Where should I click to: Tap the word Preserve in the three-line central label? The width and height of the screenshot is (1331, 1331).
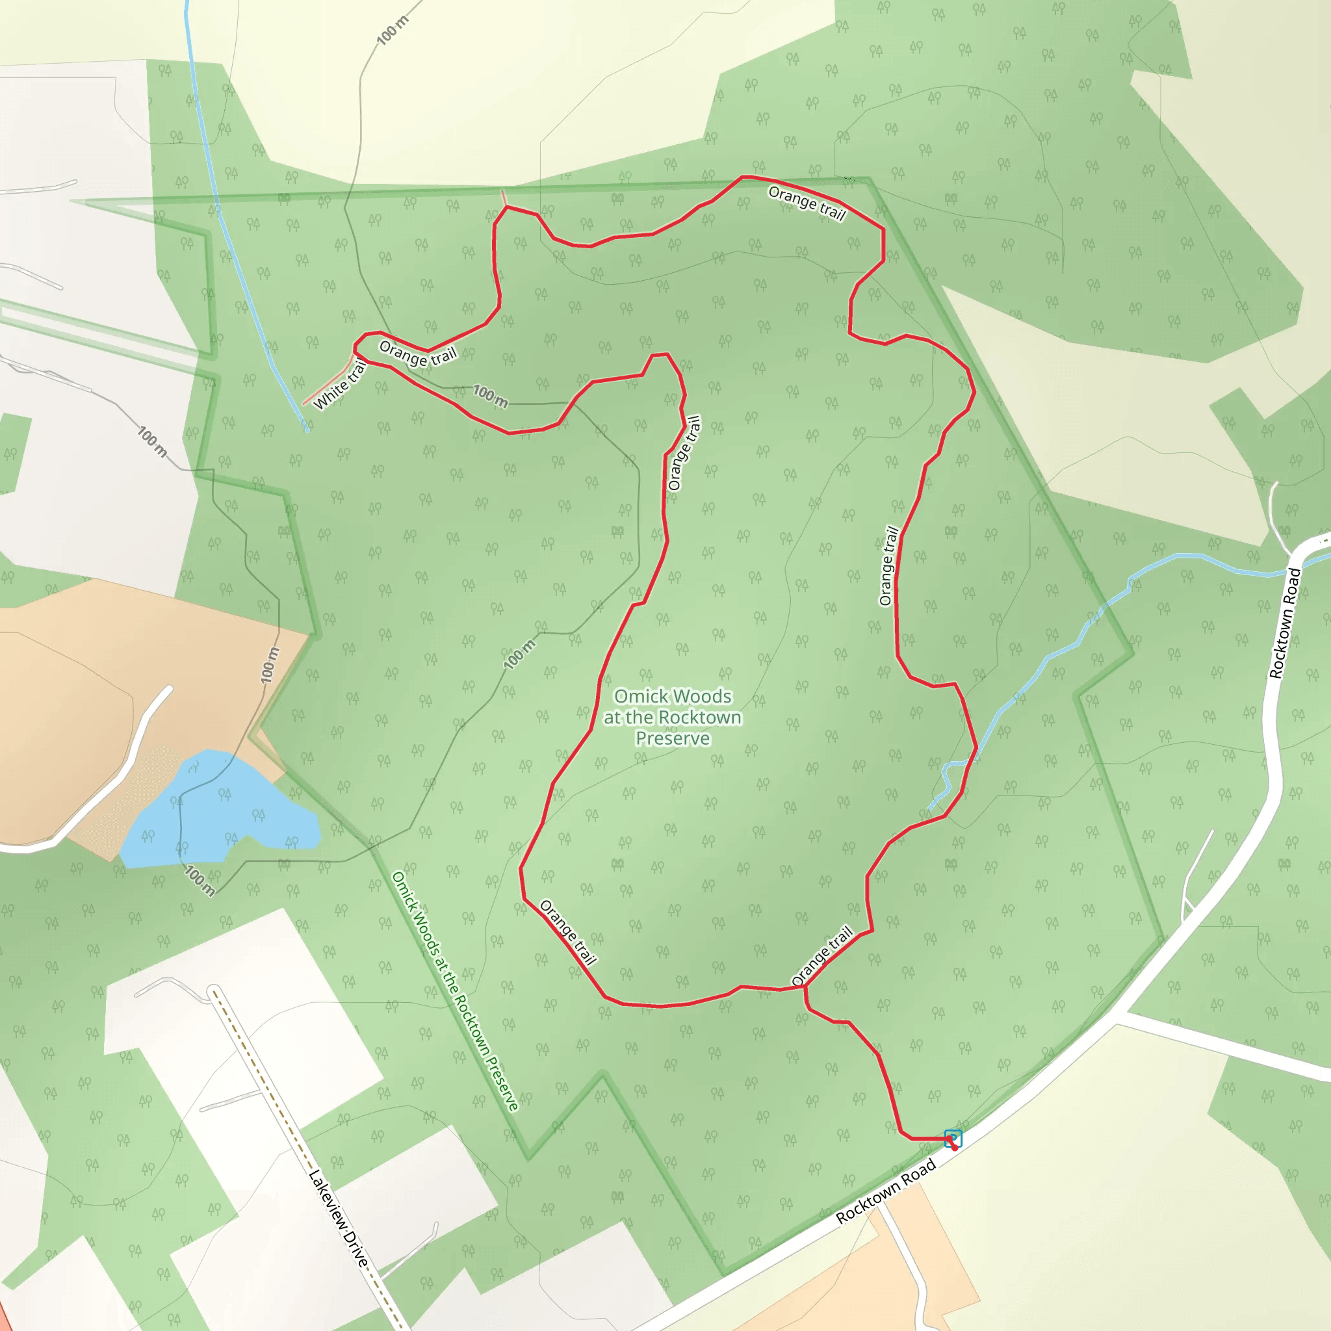pyautogui.click(x=673, y=738)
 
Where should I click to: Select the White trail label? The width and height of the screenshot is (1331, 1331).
pyautogui.click(x=340, y=386)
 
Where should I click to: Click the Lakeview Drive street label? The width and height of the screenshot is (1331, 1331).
pyautogui.click(x=339, y=1219)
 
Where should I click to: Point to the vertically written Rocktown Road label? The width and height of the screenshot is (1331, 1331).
pyautogui.click(x=1285, y=623)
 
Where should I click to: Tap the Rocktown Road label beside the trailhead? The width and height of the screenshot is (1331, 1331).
pyautogui.click(x=885, y=1191)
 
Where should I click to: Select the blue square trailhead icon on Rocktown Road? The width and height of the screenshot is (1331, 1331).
pyautogui.click(x=953, y=1137)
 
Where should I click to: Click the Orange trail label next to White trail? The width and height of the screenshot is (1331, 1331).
pyautogui.click(x=417, y=354)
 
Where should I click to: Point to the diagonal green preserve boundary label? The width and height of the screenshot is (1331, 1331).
pyautogui.click(x=455, y=992)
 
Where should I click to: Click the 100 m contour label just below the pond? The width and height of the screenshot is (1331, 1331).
pyautogui.click(x=200, y=881)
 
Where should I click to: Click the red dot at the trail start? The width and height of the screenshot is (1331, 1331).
pyautogui.click(x=955, y=1148)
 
